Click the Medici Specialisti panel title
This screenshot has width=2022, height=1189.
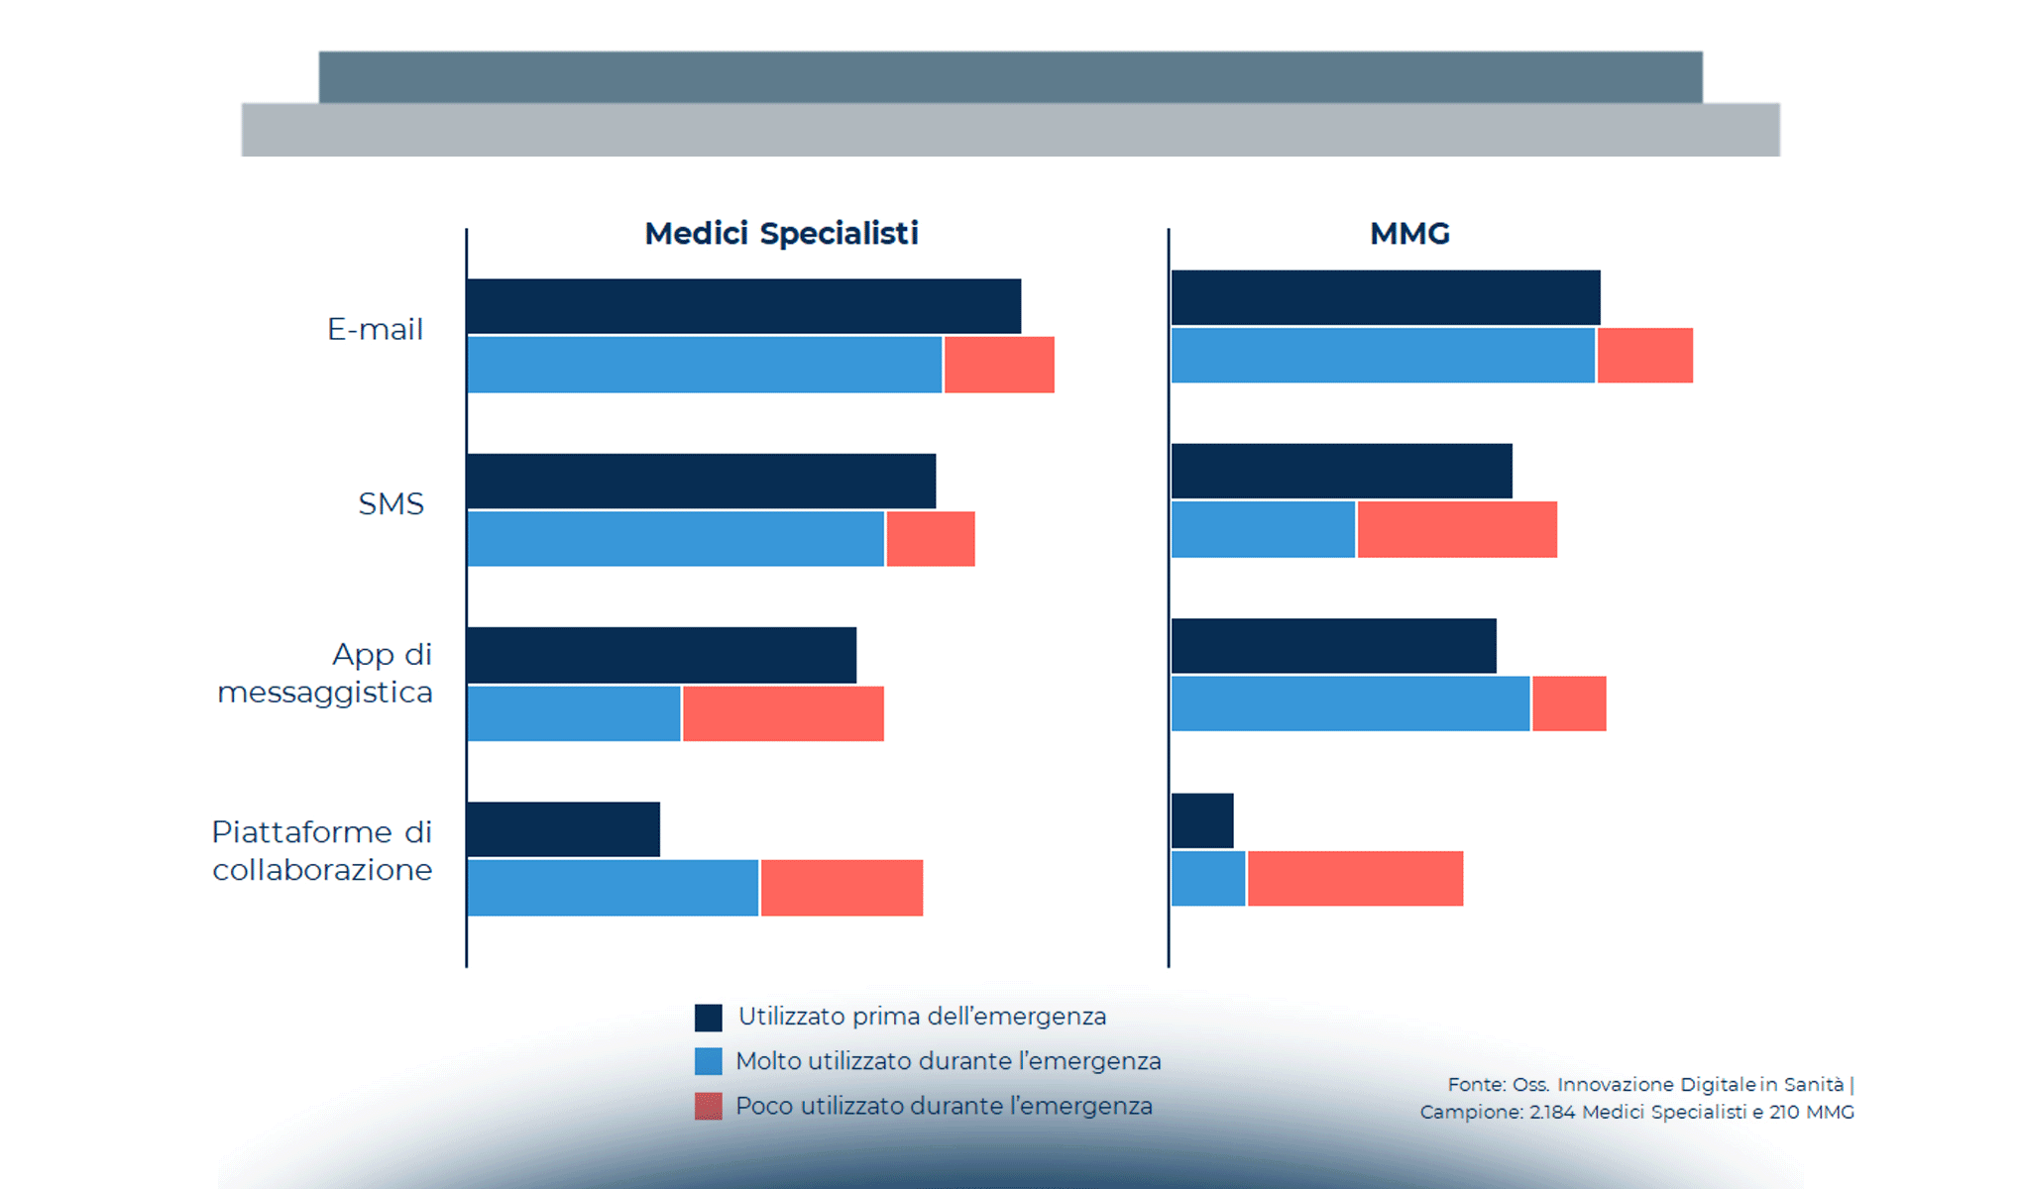tap(781, 234)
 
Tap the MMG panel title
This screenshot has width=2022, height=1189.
tap(1409, 234)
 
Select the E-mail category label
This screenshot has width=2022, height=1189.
tap(375, 329)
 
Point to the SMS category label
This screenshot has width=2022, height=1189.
tap(391, 503)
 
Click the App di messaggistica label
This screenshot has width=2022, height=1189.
tap(325, 673)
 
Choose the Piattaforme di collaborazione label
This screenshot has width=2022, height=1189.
tap(322, 850)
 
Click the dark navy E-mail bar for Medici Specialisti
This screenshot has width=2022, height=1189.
tap(743, 306)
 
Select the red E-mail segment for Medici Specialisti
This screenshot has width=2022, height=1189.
tap(999, 365)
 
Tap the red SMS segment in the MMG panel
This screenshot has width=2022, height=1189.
tap(1457, 529)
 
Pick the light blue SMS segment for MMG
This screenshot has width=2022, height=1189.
tap(1263, 529)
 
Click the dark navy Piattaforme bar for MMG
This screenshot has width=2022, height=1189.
tap(1202, 820)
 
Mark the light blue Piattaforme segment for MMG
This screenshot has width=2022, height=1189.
tap(1208, 878)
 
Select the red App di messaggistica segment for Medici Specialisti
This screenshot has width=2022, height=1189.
tap(783, 713)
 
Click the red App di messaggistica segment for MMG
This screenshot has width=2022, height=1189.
tap(1569, 703)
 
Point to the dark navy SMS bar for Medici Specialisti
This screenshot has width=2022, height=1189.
tap(701, 482)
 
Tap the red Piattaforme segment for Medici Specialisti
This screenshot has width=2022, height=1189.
tap(842, 888)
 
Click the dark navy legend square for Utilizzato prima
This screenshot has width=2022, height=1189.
tap(708, 1018)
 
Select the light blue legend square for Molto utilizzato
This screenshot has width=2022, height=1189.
tap(708, 1061)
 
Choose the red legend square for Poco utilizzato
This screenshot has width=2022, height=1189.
tap(708, 1106)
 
